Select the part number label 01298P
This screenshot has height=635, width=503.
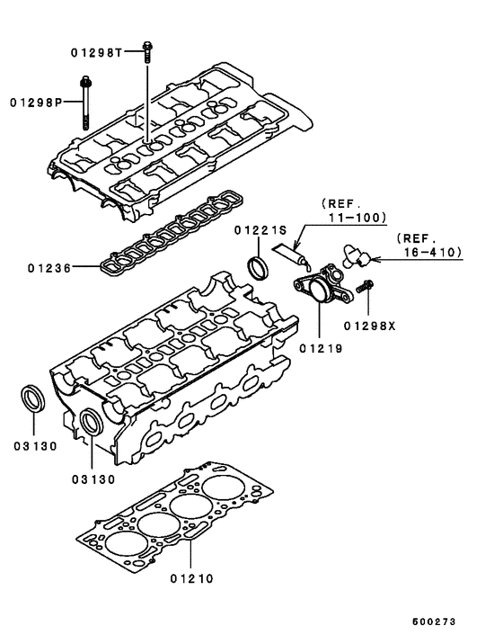[x=35, y=103]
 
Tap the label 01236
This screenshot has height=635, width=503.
[x=49, y=267]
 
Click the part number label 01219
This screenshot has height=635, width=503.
[x=319, y=344]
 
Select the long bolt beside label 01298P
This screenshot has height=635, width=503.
[x=85, y=103]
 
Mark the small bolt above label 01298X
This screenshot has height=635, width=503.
[x=365, y=289]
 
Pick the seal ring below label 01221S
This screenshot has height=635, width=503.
[x=258, y=267]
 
